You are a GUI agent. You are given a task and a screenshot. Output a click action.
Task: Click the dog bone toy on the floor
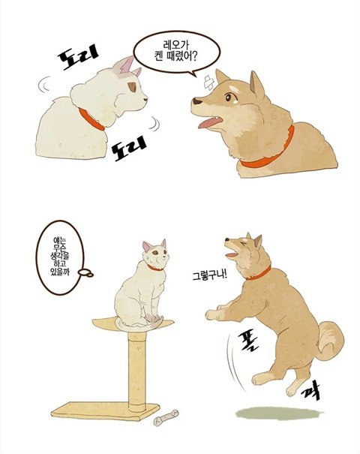coord(166,418)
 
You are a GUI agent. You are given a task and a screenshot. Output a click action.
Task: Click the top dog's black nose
coord(197,101)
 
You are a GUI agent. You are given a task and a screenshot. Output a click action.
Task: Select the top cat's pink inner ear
coord(127,65)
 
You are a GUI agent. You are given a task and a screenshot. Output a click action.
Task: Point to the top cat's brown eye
coord(132,87)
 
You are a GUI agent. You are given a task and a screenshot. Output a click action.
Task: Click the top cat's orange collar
coord(91,119)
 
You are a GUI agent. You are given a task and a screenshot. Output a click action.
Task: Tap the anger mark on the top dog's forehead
coord(208,82)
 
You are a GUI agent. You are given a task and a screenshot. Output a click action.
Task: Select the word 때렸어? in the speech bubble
coord(184,56)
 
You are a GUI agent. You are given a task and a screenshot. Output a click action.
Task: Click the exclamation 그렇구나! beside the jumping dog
coord(210,275)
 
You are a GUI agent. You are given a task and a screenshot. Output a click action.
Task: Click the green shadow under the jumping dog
coord(279,413)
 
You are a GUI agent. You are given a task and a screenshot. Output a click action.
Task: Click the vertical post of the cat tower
coord(137,371)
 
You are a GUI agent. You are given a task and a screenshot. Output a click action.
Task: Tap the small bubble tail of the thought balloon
coord(85,272)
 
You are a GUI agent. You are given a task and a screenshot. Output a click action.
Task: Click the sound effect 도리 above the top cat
coord(78,57)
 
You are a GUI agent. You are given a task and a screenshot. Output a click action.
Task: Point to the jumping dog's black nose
coord(227,239)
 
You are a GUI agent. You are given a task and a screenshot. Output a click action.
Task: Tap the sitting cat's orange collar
coord(154,268)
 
